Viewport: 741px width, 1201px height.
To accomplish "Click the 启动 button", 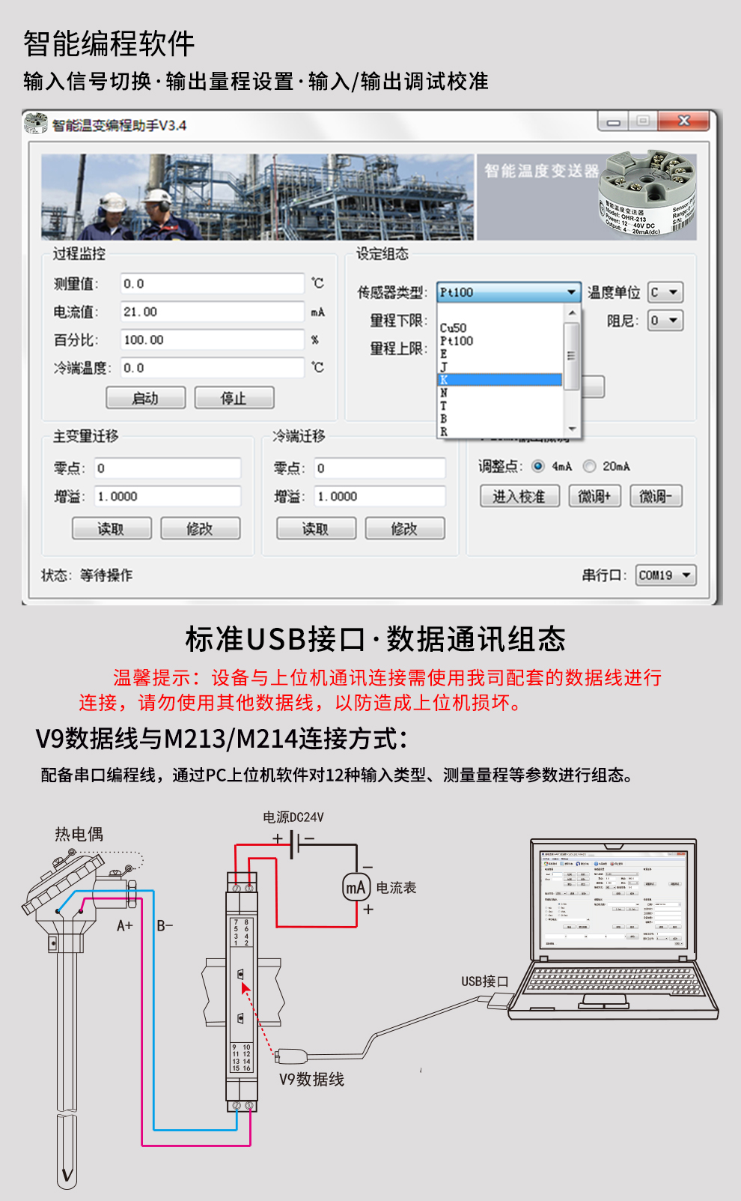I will (x=145, y=398).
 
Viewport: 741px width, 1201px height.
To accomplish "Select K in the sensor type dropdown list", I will (x=499, y=380).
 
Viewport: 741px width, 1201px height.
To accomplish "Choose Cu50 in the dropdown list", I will (x=454, y=328).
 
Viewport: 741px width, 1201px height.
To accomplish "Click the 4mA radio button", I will (x=538, y=466).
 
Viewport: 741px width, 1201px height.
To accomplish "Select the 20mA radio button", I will (x=590, y=466).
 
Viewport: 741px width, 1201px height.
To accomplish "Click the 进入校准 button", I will (x=519, y=496).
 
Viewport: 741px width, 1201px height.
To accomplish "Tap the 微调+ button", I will (x=595, y=496).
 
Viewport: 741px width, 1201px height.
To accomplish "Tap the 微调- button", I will (x=656, y=496).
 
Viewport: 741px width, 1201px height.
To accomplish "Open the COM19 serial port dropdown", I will (x=665, y=575).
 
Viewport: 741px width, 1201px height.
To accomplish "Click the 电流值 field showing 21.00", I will (x=213, y=312).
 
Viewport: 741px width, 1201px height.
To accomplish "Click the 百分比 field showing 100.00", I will (x=213, y=339).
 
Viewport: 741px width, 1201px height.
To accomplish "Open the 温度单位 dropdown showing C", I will (x=665, y=292).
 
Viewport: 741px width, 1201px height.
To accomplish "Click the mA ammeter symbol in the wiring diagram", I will (x=356, y=888).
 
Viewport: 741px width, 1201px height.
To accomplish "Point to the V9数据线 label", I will (x=311, y=1080).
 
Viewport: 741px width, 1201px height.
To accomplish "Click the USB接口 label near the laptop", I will (x=484, y=981).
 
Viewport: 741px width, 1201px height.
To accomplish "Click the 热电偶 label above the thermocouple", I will (x=79, y=835).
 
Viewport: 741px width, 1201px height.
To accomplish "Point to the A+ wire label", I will (x=124, y=926).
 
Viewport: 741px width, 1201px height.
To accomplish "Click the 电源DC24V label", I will (x=293, y=817).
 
